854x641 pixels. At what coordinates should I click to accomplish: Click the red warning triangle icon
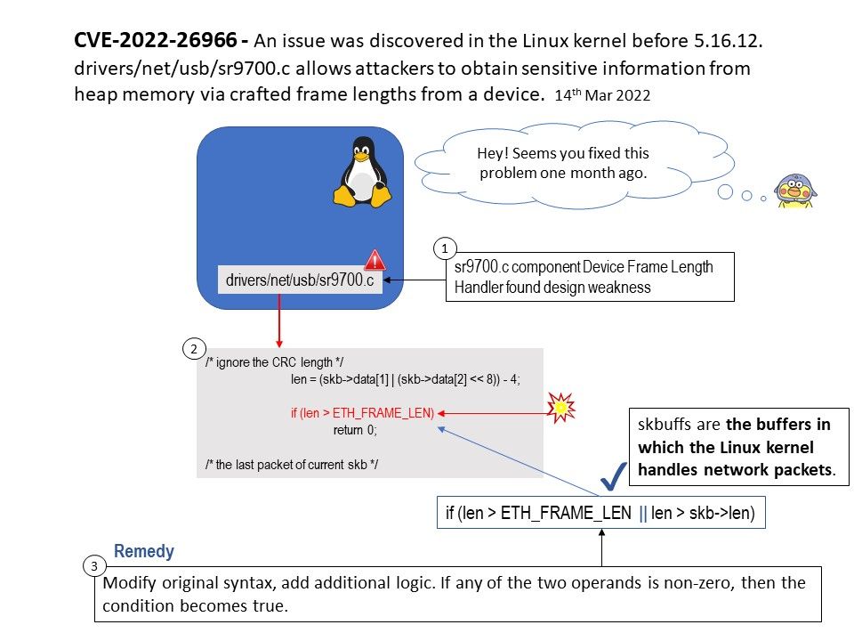tap(375, 260)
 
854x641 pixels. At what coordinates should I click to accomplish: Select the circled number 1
tap(445, 248)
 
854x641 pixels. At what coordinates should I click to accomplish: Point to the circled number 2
tap(193, 348)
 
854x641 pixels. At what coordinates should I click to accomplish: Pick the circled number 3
tap(93, 566)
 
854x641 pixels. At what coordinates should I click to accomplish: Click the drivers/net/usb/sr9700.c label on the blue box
tap(299, 280)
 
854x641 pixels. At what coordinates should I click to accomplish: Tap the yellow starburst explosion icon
tap(561, 407)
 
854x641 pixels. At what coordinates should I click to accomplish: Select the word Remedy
tap(144, 552)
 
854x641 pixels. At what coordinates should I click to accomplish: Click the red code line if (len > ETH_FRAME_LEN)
tap(362, 413)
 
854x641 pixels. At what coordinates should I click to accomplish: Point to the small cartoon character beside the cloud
tap(795, 190)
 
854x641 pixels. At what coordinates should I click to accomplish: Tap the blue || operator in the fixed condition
tap(644, 513)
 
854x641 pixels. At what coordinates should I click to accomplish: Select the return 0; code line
tap(355, 430)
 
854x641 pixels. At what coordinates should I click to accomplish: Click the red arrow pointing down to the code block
tap(279, 321)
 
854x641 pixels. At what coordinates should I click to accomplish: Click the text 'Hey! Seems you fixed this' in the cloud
tap(563, 154)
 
